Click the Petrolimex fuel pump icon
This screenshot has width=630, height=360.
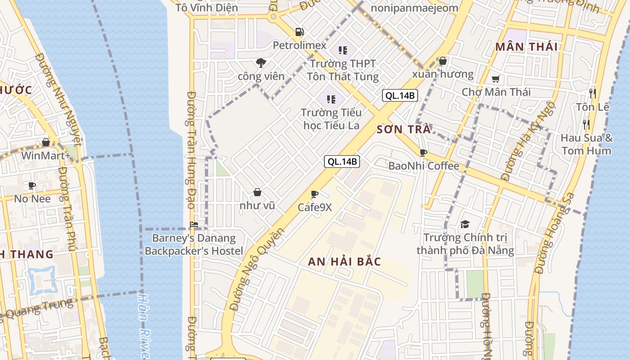tap(299, 32)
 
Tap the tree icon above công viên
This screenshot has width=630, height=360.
tap(261, 63)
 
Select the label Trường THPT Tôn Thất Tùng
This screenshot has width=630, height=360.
tap(343, 70)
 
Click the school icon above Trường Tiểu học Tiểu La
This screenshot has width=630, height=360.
tap(332, 99)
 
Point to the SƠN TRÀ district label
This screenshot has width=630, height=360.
tap(403, 130)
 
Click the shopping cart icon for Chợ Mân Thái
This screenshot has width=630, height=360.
tap(495, 79)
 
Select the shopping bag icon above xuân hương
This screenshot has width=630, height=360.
tap(443, 61)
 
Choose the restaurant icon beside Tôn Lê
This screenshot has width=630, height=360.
tap(593, 93)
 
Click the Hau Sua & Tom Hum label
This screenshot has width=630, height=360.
tap(586, 144)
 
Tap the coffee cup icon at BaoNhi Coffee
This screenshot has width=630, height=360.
tap(423, 153)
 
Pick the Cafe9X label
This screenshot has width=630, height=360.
tap(315, 207)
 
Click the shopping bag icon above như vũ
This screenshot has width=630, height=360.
tap(257, 193)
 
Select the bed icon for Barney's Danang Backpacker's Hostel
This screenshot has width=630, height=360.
tap(194, 224)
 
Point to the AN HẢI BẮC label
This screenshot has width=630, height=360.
tap(344, 261)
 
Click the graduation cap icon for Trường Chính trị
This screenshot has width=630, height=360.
tap(465, 224)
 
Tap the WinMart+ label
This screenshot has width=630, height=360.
tap(46, 156)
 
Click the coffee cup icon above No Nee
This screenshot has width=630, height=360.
tap(32, 185)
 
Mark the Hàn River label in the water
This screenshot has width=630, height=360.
tap(144, 326)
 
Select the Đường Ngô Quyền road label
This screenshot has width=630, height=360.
tap(257, 269)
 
